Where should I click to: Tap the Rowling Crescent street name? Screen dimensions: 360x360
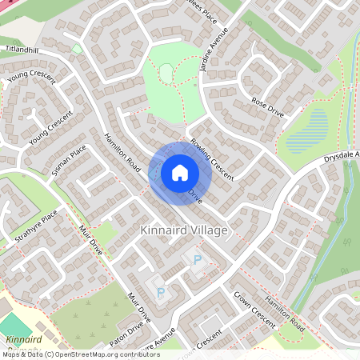point(211,159)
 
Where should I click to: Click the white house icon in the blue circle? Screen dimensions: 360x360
point(180,173)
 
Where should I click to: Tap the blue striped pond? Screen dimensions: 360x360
point(318,126)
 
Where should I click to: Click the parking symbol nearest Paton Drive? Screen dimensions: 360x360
point(160,294)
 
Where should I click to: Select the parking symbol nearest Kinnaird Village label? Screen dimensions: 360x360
point(197,261)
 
